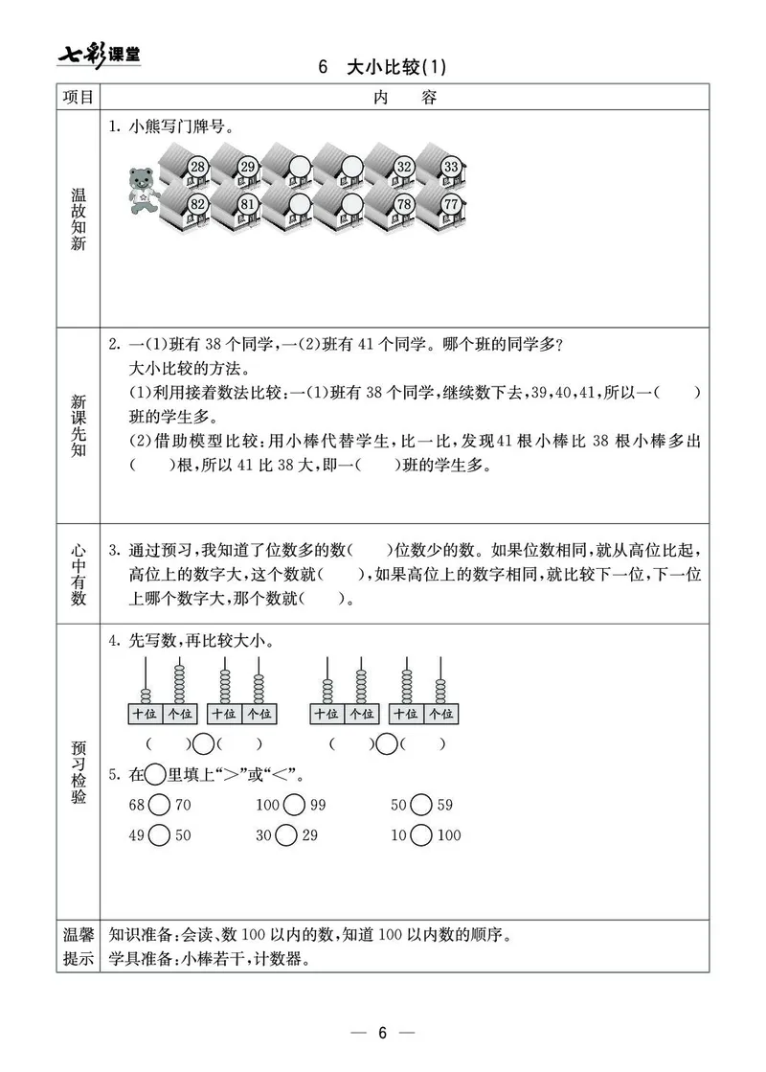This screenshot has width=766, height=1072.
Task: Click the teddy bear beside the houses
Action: click(x=144, y=188)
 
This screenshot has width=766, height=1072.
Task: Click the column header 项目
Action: click(x=78, y=98)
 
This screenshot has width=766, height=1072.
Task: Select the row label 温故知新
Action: click(x=78, y=219)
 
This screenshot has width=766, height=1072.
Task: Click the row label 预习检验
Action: click(x=78, y=769)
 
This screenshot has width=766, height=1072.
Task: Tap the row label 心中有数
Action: click(x=78, y=576)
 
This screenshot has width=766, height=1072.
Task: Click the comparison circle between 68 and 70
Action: click(x=160, y=806)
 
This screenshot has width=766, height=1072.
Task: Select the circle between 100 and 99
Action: click(x=294, y=806)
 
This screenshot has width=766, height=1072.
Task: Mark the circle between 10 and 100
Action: click(x=421, y=836)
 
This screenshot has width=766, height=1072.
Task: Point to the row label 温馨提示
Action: click(x=78, y=947)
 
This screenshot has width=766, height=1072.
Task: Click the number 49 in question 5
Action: click(x=136, y=836)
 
